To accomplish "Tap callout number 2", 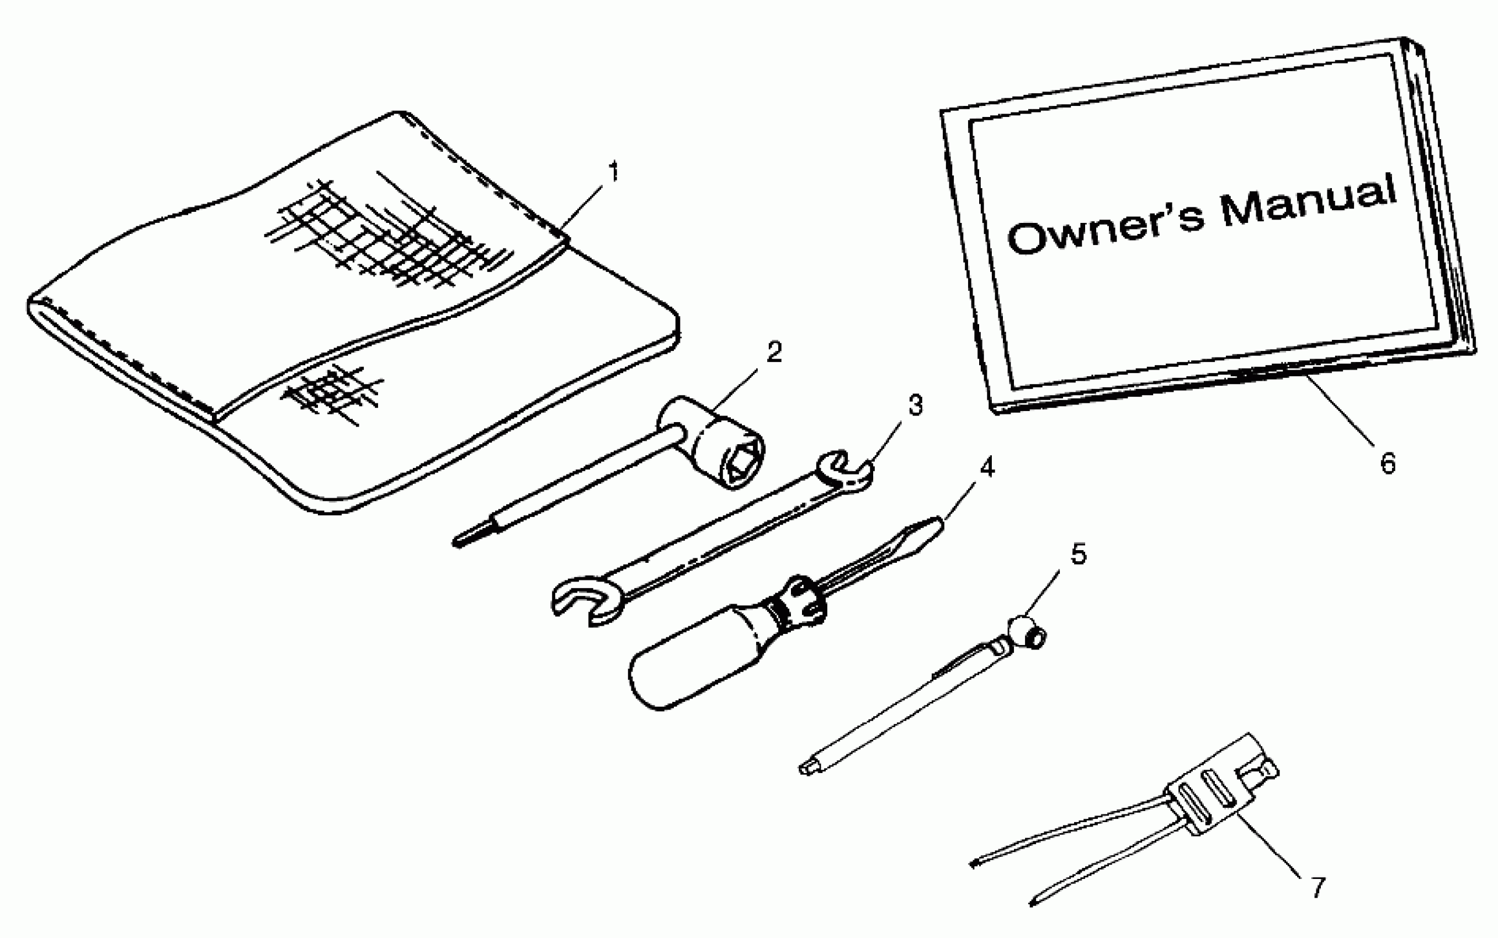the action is [774, 353].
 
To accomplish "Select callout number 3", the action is [915, 405].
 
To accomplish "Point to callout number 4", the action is [987, 468].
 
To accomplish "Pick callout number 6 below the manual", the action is [1388, 463].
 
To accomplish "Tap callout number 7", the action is [1318, 888].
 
